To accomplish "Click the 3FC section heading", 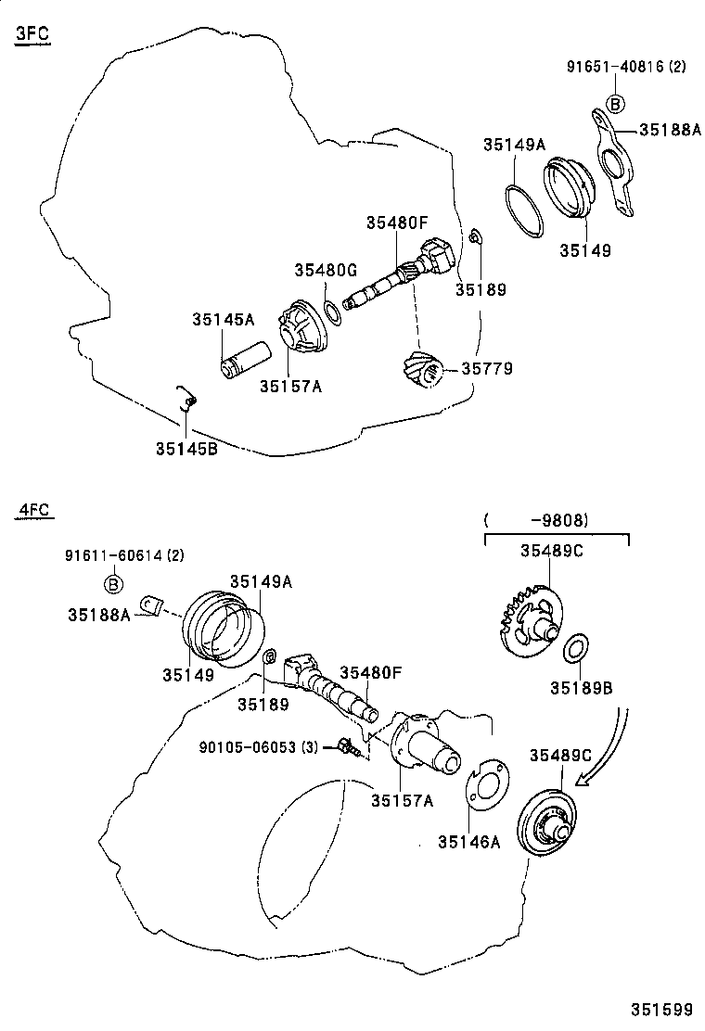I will coord(32,35).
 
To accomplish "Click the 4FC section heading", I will coord(32,511).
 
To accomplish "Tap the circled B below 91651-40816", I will coord(614,103).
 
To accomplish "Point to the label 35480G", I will coord(326,270).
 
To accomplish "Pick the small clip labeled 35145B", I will coord(187,400).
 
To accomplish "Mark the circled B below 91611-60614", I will coord(112,583).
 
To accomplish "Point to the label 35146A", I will coord(468,842).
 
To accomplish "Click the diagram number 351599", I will coord(661,1008).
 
